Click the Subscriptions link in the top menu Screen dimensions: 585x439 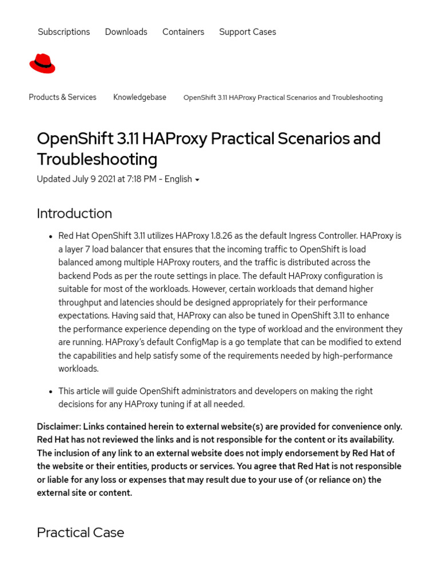click(63, 32)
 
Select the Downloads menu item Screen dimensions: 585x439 click(126, 32)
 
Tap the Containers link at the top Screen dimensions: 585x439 click(183, 32)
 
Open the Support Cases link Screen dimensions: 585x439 click(248, 32)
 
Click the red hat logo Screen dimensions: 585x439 click(42, 63)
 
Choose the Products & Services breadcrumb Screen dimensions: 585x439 click(62, 97)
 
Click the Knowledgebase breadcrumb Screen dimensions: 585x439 click(139, 97)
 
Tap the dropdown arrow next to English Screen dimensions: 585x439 click(197, 180)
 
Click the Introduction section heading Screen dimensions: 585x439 click(74, 213)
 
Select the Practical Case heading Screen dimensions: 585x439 click(81, 532)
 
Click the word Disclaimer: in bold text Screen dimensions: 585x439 click(59, 426)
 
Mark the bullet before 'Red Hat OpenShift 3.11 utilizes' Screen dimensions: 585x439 click(51, 237)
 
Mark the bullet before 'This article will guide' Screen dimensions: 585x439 click(51, 391)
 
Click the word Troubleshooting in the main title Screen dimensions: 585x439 click(97, 159)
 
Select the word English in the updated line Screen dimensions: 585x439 click(178, 179)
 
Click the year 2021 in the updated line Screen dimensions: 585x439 click(106, 179)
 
